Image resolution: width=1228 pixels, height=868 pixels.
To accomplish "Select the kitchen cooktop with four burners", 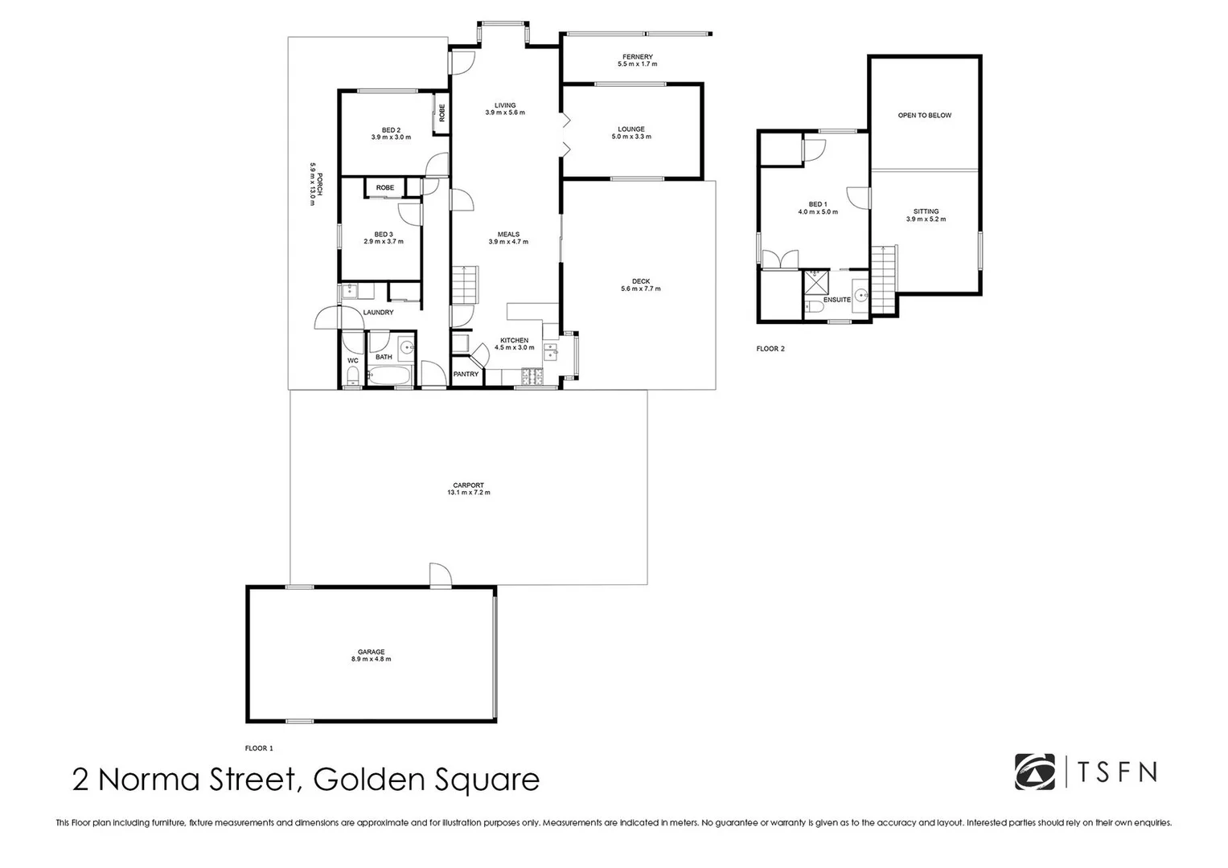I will (531, 375).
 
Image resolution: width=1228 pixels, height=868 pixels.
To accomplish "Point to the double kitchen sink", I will (552, 350).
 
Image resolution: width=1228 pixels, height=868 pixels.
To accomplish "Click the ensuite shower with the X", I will (815, 282).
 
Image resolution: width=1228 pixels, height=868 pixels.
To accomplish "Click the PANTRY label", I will (466, 375).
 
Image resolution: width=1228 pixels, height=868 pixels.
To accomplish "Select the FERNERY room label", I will (637, 57).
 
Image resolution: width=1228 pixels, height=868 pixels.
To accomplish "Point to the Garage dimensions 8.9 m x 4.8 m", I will (371, 659).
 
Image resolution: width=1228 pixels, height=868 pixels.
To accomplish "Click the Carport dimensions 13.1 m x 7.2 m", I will (469, 493).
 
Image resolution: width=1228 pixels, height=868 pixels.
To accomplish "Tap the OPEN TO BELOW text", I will (924, 116).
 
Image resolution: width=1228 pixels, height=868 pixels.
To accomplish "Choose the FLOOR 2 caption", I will (770, 349).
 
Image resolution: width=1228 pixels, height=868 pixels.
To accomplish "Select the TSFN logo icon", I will (1034, 772).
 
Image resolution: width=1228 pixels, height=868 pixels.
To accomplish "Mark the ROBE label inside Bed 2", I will (442, 113).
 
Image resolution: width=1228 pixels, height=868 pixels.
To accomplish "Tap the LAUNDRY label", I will (378, 313).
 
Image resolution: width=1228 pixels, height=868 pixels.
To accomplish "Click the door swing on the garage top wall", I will (439, 575).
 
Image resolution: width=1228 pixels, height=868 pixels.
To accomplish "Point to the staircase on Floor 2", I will (883, 279).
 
